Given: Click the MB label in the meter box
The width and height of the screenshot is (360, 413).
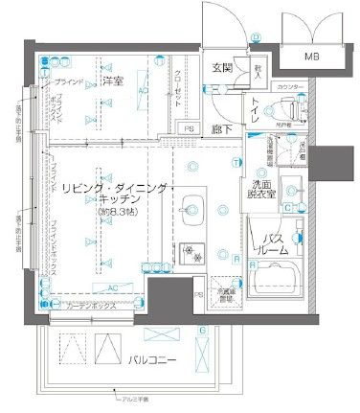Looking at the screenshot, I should (x=311, y=57).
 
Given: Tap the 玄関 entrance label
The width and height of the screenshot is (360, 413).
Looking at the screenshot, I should (x=222, y=66).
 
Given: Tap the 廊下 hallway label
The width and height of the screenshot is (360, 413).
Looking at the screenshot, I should (x=221, y=126).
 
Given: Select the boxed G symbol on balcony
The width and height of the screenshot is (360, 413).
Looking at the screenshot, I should (x=202, y=331).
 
